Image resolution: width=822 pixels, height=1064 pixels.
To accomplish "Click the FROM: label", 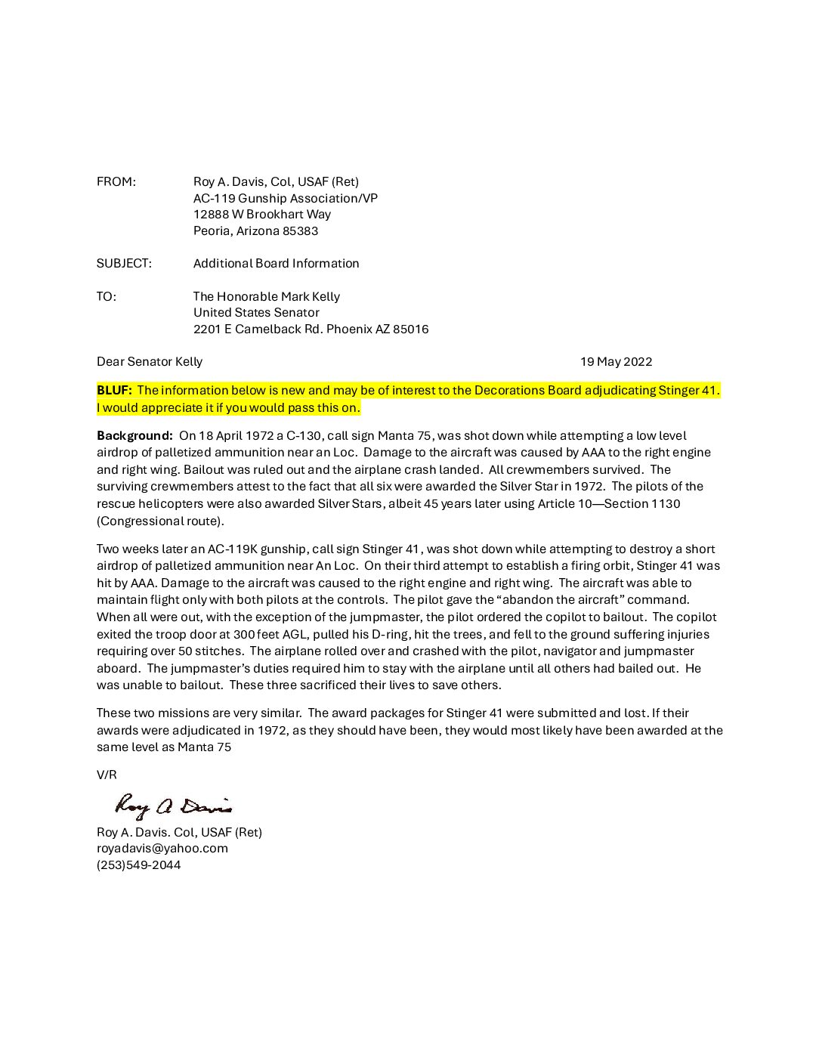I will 116,182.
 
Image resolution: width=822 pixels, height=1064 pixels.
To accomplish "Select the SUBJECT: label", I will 124,264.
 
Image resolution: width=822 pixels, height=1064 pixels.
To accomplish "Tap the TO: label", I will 107,297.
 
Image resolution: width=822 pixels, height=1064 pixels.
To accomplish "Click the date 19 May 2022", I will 616,362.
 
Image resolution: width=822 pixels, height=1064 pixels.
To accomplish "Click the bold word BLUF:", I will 114,391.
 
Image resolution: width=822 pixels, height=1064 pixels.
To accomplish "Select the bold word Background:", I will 134,436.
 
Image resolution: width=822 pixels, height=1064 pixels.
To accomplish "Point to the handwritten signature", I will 173,807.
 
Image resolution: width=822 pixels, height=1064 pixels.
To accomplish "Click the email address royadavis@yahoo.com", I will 162,849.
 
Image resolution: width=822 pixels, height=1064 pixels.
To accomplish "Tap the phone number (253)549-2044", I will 138,865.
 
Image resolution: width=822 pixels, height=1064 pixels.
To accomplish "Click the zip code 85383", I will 300,231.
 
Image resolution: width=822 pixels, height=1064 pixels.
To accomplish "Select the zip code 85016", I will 410,329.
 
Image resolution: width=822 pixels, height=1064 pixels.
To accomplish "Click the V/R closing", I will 107,775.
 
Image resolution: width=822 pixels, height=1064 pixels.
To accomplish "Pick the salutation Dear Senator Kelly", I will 150,362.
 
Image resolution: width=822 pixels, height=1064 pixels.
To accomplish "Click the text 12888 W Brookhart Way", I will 261,215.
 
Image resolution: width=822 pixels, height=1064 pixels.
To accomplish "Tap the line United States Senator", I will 256,313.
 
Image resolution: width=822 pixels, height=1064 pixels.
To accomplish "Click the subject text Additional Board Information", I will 276,264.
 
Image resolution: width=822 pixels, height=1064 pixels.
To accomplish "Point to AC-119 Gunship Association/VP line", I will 285,199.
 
